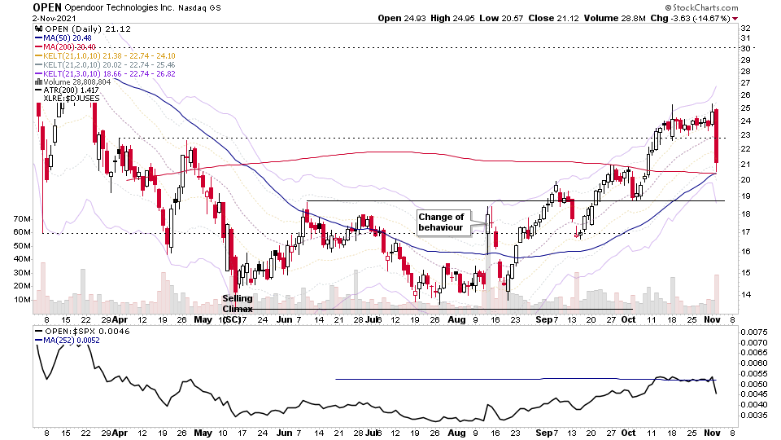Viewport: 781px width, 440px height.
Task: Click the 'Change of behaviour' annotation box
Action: pyautogui.click(x=441, y=222)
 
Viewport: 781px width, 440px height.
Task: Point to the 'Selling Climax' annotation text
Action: pyautogui.click(x=238, y=303)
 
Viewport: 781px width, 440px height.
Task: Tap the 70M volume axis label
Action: pyautogui.click(x=21, y=220)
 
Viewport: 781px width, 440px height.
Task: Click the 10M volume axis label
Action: pyautogui.click(x=21, y=299)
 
